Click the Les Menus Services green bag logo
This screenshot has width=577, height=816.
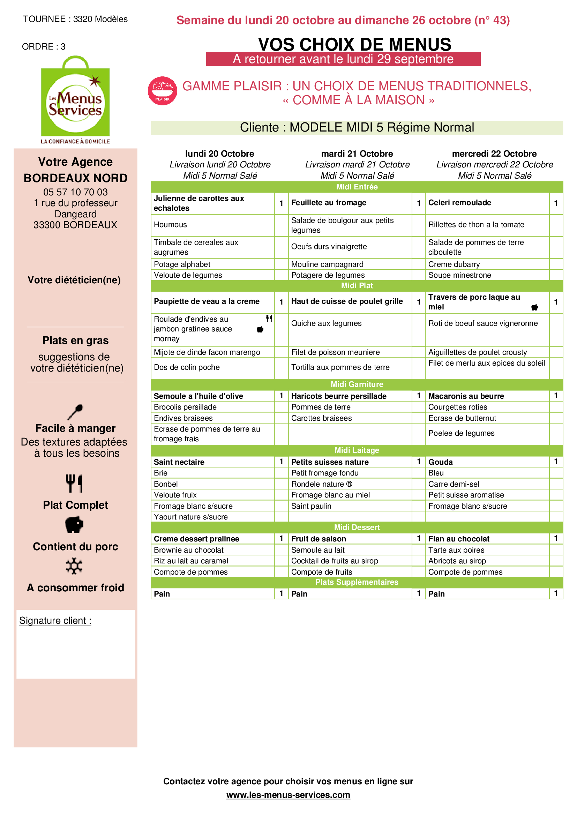75,100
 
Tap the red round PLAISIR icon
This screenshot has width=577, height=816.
162,91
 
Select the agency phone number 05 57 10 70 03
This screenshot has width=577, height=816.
75,192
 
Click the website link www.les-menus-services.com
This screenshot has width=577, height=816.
288,795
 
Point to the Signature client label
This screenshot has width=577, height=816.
55,621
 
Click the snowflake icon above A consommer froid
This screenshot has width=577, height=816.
74,566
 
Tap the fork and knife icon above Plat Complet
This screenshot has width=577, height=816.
74,483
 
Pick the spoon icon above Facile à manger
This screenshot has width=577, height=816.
75,412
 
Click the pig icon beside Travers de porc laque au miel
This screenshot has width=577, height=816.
534,307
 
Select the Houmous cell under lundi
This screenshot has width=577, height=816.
171,225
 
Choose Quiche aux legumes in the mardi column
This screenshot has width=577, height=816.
326,323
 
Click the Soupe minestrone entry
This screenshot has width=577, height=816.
459,275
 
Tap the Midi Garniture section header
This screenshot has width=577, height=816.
357,384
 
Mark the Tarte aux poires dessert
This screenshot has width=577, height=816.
456,550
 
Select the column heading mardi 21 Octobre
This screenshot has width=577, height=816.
357,154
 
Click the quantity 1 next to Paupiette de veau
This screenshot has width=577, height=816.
281,302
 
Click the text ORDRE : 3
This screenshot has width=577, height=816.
44,46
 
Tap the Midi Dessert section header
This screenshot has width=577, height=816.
357,527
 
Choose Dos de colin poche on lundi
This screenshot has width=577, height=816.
187,367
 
